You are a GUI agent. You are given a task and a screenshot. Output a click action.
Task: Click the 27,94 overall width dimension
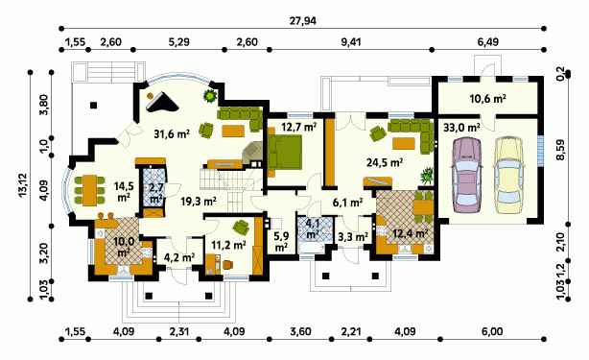302,21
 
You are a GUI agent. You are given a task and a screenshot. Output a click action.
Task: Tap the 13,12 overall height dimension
22,185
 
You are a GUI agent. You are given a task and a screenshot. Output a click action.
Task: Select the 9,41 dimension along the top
350,41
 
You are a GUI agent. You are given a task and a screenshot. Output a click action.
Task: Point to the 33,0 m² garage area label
461,128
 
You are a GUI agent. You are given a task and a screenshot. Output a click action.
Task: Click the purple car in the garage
466,176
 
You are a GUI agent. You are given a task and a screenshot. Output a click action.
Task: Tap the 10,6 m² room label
487,99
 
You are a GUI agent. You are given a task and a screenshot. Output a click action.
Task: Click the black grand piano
161,102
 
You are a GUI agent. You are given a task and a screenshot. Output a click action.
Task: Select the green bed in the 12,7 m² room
285,152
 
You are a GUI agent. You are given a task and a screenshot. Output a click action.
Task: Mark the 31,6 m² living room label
172,133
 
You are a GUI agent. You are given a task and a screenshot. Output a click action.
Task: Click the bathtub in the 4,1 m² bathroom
311,248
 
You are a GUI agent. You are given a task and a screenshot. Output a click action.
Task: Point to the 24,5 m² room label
385,162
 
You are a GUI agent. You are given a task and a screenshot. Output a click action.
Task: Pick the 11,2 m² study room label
228,246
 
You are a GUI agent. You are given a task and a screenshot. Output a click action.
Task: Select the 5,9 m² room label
280,242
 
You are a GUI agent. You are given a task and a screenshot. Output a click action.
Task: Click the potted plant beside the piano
210,96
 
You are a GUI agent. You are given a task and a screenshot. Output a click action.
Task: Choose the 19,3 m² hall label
198,202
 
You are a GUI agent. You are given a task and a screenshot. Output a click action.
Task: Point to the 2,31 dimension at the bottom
178,331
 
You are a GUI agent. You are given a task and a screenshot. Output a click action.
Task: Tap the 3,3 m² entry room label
352,237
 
